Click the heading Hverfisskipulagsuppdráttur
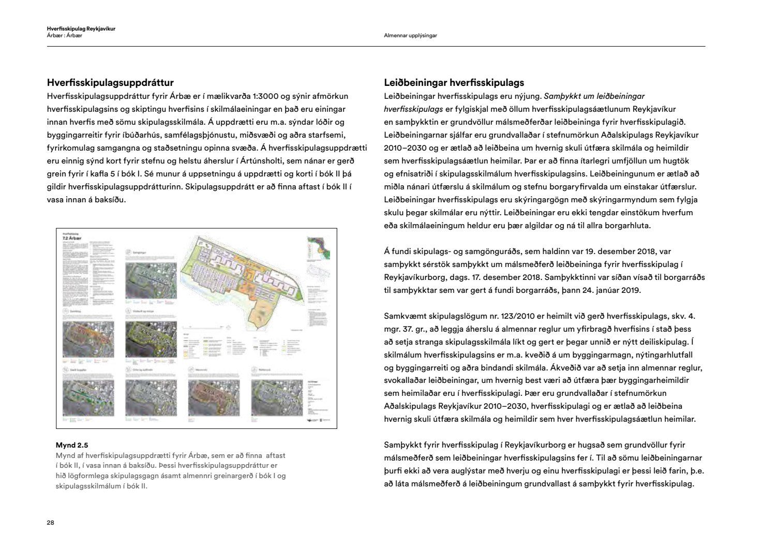[x=110, y=83]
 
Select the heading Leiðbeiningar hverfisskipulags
[x=454, y=83]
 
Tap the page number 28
[x=50, y=523]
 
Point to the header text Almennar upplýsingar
[x=410, y=36]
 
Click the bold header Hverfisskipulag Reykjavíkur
[x=81, y=29]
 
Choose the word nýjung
[x=526, y=96]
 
